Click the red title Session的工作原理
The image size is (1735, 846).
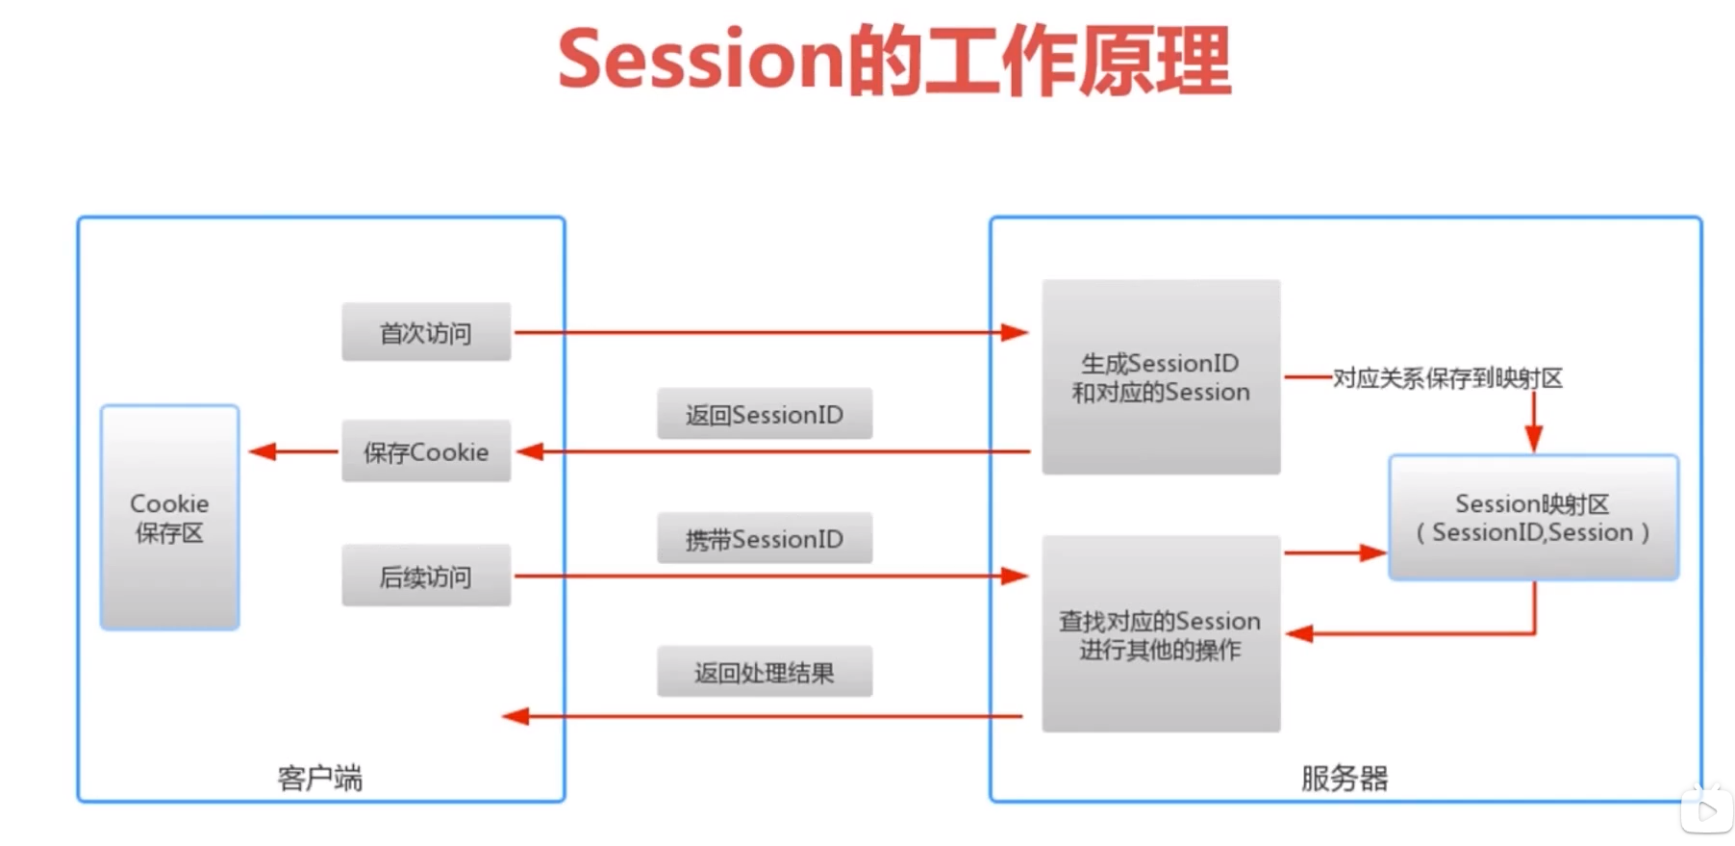click(x=894, y=61)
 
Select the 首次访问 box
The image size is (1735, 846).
click(x=426, y=332)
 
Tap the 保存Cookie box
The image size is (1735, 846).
click(x=426, y=450)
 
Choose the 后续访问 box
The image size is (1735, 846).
click(x=426, y=576)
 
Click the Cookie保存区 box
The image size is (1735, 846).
click(x=169, y=518)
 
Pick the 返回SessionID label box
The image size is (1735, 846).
click(x=765, y=414)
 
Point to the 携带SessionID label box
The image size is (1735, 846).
click(x=765, y=538)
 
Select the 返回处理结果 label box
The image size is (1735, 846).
click(x=765, y=672)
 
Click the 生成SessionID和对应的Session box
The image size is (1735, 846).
click(x=1161, y=376)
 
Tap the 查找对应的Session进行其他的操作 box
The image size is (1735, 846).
click(x=1161, y=634)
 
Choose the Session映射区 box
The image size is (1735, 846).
click(x=1534, y=518)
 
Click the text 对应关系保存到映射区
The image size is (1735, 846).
click(x=1447, y=378)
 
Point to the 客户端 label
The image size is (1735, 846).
click(x=320, y=778)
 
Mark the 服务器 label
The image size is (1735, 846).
click(x=1345, y=778)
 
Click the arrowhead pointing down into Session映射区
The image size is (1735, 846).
click(x=1534, y=439)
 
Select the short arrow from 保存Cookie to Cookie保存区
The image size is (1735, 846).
click(x=294, y=451)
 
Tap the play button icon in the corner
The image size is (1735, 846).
click(x=1707, y=811)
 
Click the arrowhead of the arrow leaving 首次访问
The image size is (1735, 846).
click(x=1015, y=333)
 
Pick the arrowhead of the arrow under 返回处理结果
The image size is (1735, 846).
click(x=515, y=716)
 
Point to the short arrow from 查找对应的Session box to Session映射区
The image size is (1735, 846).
click(x=1335, y=552)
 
